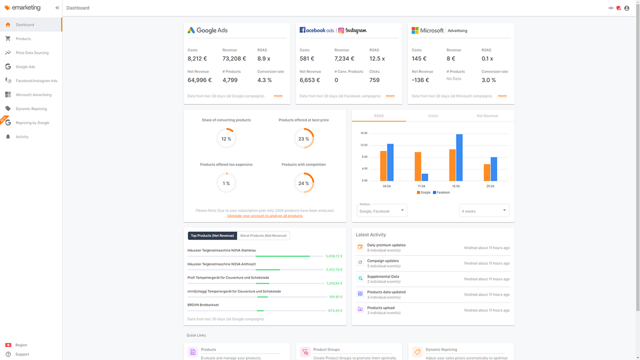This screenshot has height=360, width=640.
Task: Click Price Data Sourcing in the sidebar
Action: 32,52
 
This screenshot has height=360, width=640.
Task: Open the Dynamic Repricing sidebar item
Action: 31,108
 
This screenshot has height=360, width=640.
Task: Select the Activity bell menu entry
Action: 22,136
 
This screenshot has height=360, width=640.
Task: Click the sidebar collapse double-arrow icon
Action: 57,8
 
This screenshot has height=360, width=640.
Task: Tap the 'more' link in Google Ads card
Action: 278,96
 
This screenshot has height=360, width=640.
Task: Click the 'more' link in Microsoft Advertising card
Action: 502,96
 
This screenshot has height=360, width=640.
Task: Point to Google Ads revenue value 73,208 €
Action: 235,58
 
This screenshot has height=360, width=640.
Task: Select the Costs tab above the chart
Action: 433,115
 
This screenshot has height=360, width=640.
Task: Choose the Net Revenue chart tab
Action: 487,115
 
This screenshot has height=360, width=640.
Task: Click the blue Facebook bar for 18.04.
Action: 459,157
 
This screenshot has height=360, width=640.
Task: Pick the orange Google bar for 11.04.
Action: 418,166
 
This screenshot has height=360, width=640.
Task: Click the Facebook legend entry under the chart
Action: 441,192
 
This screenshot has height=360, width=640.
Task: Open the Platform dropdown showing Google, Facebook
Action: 382,210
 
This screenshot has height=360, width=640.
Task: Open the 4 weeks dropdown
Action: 484,210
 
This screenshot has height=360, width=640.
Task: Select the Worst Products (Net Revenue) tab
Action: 263,235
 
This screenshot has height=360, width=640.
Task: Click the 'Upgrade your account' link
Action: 265,215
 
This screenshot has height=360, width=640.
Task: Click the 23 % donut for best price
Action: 304,138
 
